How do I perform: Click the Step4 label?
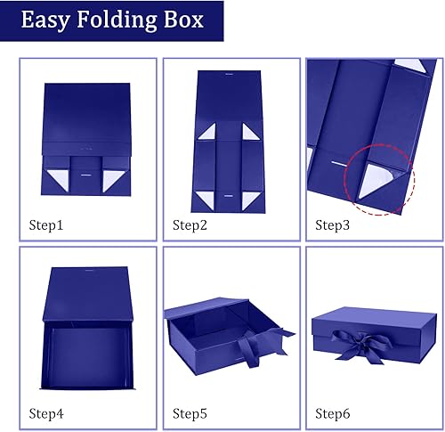47,412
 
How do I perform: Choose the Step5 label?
190,412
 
